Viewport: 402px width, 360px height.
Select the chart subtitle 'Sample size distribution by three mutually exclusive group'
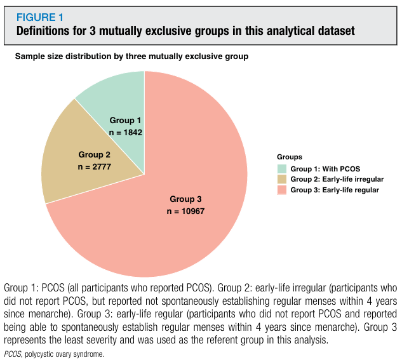point(131,57)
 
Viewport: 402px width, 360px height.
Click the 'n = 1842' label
point(125,133)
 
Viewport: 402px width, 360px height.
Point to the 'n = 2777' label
point(94,166)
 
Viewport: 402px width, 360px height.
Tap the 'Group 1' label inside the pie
point(125,120)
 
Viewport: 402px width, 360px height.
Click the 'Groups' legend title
point(289,156)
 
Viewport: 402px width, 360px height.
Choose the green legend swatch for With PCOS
point(282,169)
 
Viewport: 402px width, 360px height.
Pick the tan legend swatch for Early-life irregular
point(282,179)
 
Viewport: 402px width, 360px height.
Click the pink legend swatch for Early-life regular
point(282,189)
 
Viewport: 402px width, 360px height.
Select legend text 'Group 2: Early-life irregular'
point(337,179)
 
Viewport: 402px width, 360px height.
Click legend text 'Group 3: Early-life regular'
point(335,189)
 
